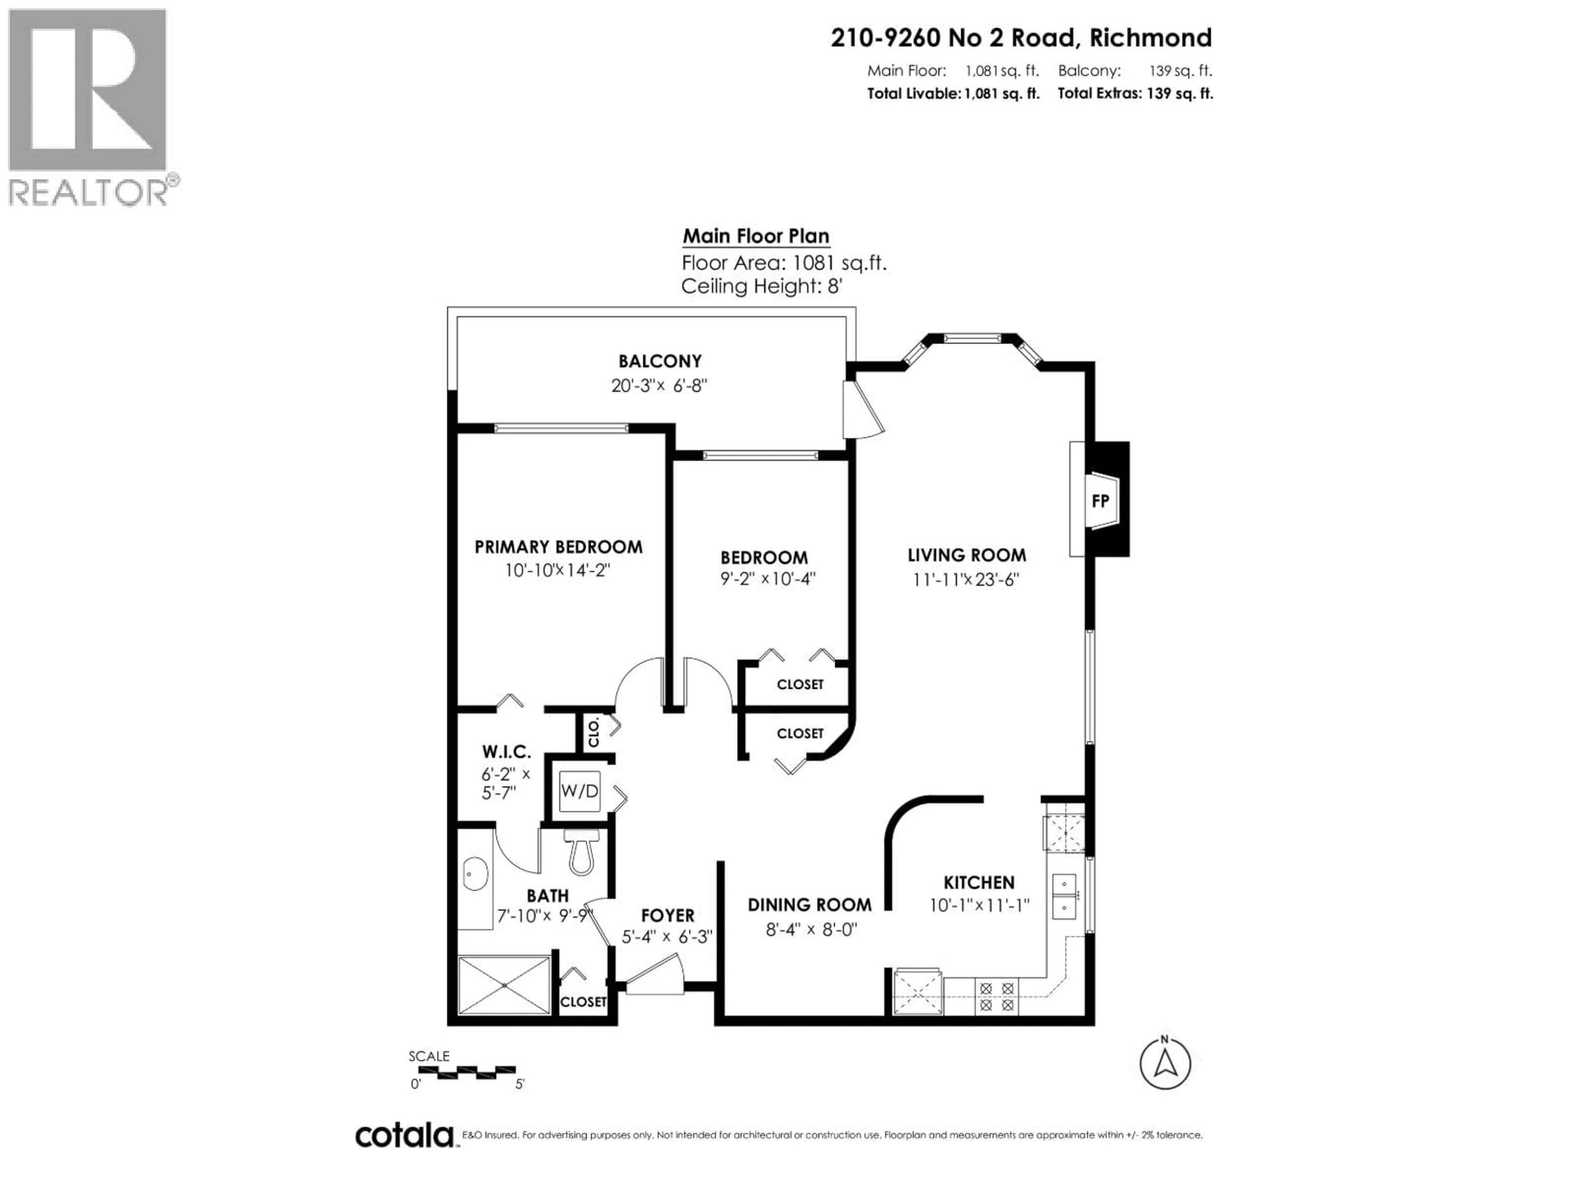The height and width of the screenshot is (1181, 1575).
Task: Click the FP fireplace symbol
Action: coord(1100,501)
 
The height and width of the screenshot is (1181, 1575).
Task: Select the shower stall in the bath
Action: coord(504,985)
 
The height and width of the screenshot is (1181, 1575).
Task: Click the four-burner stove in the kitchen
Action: coord(996,996)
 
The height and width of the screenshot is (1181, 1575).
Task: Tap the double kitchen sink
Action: coord(1064,896)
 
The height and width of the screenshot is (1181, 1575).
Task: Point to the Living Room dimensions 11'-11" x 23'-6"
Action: coord(966,579)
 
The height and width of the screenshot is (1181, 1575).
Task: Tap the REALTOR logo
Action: coord(89,107)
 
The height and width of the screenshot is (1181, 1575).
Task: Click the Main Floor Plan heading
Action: coord(756,236)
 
